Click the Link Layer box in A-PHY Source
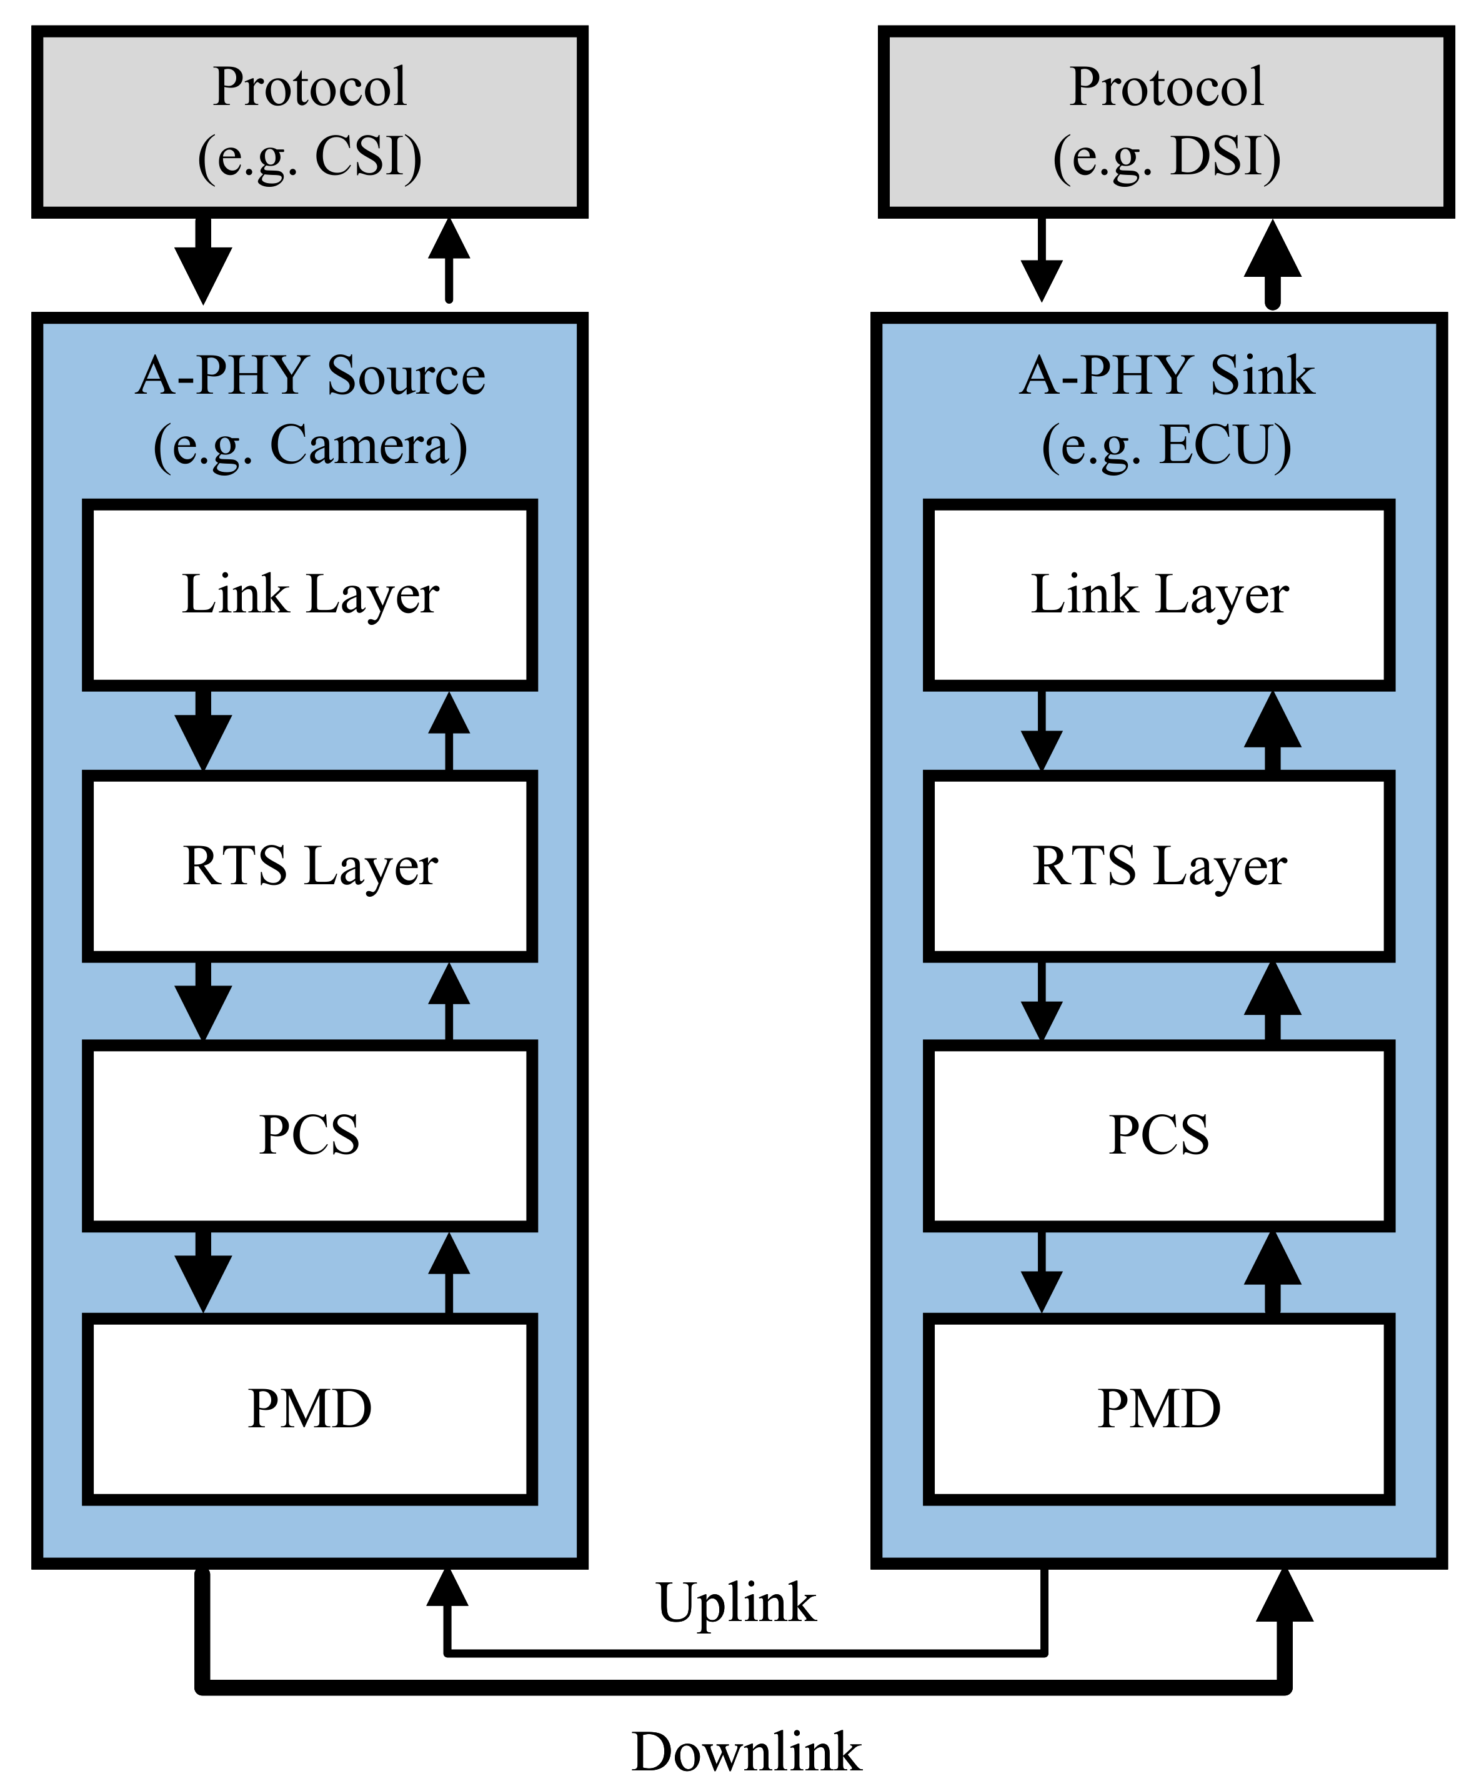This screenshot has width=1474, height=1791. [x=310, y=594]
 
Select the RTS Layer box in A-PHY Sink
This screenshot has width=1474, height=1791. [x=1159, y=866]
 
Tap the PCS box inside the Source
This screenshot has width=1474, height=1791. [x=310, y=1135]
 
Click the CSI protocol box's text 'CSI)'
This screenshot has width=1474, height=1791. [x=367, y=157]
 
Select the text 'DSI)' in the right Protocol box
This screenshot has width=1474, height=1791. [x=1225, y=157]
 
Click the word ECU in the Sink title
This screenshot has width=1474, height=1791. [x=1224, y=445]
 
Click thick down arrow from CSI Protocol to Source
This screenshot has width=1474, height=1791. [x=203, y=263]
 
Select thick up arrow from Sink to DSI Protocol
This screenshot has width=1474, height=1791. [x=1272, y=263]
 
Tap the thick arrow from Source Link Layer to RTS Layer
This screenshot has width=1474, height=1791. [x=203, y=731]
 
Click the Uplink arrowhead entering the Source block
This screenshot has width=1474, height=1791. [x=447, y=1586]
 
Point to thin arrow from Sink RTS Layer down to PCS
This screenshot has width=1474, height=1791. [x=1042, y=1002]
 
